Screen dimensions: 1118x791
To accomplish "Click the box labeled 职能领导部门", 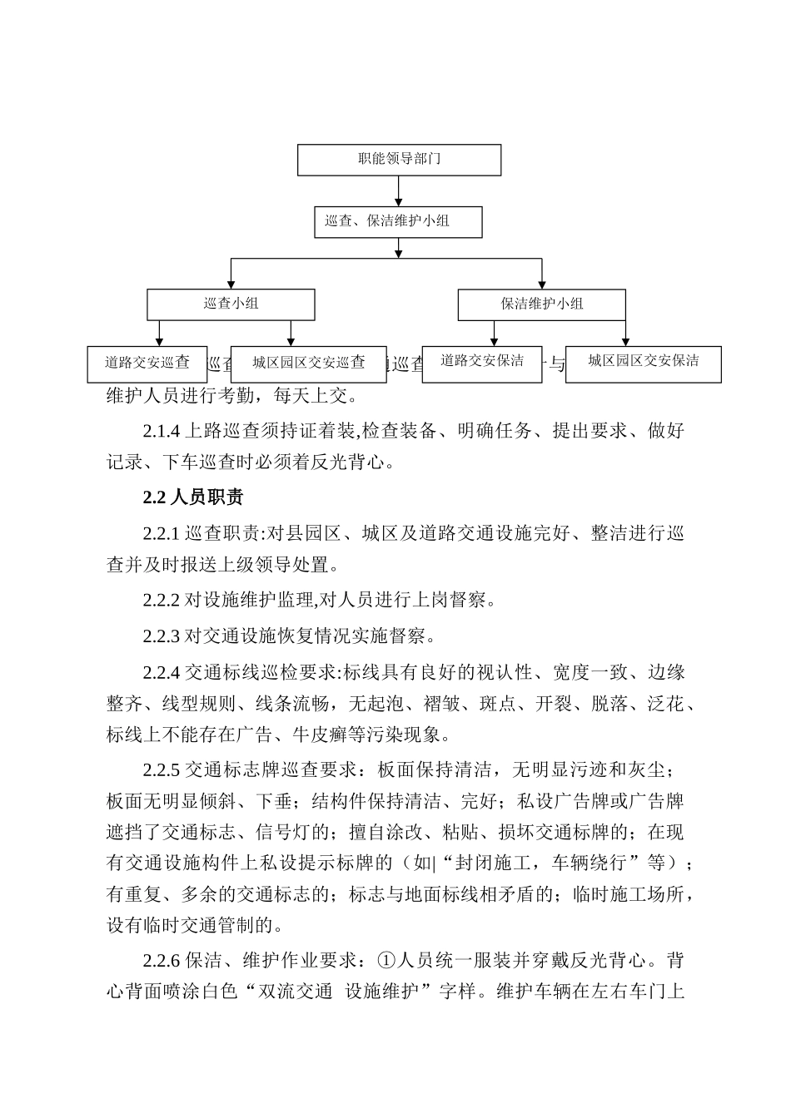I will pos(399,160).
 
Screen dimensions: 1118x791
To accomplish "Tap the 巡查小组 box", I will pos(231,304).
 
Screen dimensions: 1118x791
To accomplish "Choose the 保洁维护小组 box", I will pos(541,304).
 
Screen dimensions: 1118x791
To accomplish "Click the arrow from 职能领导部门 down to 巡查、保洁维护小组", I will pos(399,191).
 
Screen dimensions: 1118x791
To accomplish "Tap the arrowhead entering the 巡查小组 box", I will pos(231,284).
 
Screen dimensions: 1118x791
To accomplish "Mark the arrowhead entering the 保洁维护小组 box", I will pos(541,284).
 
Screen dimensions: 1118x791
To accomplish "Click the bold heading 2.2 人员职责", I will pos(192,498).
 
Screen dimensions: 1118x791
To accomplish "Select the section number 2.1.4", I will pos(161,431).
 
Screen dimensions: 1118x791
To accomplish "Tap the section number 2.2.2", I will pos(161,600).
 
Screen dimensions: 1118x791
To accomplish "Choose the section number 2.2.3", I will pos(161,637).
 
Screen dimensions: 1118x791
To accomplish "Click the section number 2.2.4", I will pos(161,673).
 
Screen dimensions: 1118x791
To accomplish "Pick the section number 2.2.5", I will pos(161,769).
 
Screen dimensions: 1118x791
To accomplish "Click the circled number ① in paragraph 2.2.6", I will pos(386,961).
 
